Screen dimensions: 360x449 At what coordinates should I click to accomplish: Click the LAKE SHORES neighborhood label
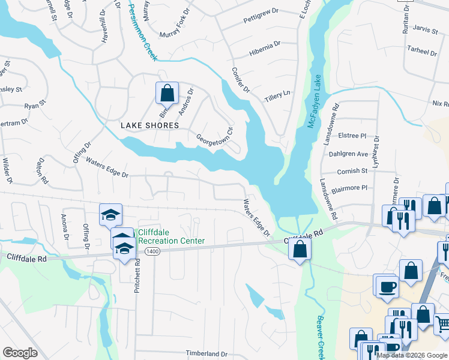(149, 125)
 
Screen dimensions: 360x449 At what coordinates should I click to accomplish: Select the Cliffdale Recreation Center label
(171, 236)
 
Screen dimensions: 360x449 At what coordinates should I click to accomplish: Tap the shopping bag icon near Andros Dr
(167, 94)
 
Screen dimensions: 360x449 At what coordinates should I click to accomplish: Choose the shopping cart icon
(442, 323)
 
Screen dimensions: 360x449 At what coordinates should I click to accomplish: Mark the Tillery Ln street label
(278, 95)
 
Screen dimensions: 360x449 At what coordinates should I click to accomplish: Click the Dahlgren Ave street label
(348, 154)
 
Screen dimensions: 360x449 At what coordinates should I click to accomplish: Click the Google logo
(20, 353)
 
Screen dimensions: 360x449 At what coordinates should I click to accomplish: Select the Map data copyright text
(412, 355)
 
